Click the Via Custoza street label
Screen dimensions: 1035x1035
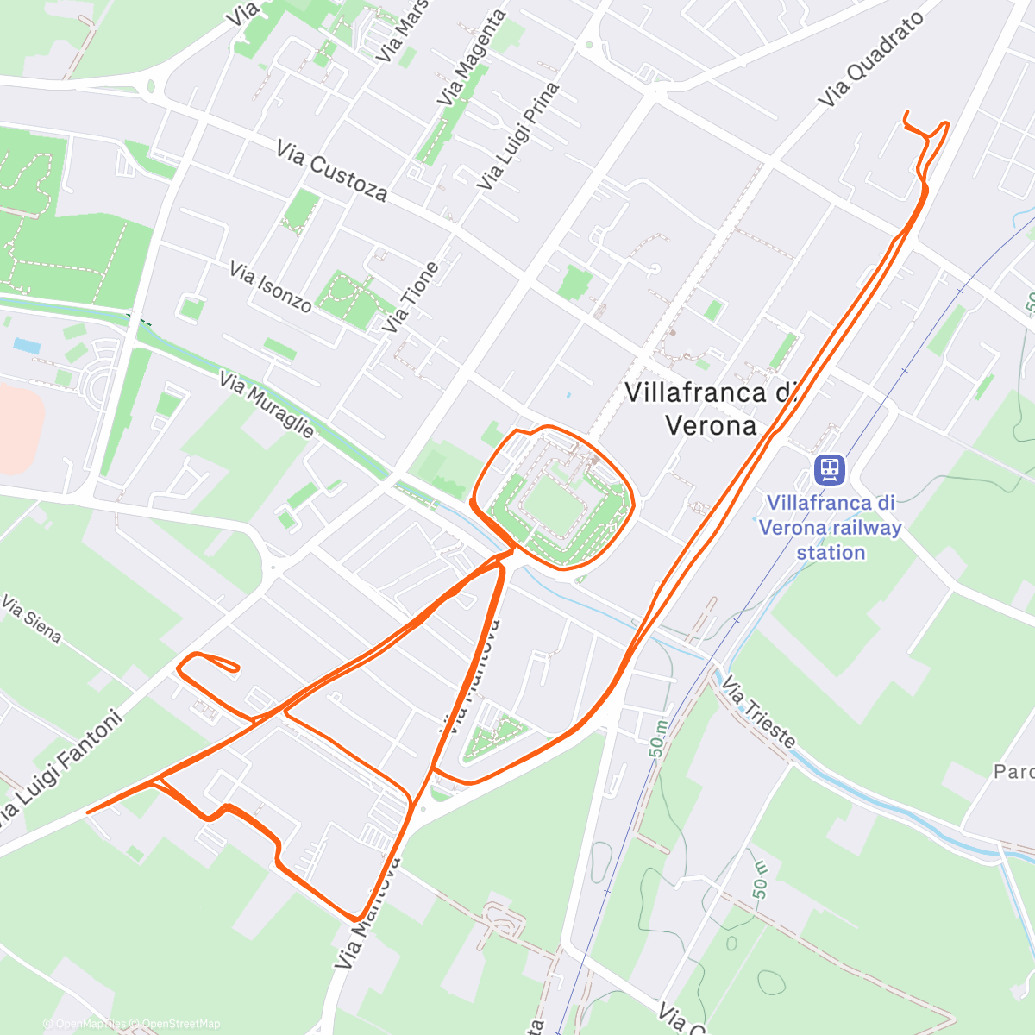tap(332, 171)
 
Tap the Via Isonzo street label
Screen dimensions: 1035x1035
tap(271, 286)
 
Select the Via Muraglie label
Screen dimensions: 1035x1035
tap(267, 405)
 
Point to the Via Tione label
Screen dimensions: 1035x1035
tap(411, 297)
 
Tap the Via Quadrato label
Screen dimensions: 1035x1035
tap(871, 59)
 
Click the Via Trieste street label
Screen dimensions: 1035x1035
tap(758, 712)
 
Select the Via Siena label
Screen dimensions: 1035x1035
tap(32, 618)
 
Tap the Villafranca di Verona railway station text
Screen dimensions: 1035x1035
tap(831, 527)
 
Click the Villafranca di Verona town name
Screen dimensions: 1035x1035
tap(710, 409)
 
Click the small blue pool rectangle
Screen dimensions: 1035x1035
tap(27, 346)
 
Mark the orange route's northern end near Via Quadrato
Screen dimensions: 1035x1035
tap(906, 114)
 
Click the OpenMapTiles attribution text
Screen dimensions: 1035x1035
tap(90, 1024)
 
